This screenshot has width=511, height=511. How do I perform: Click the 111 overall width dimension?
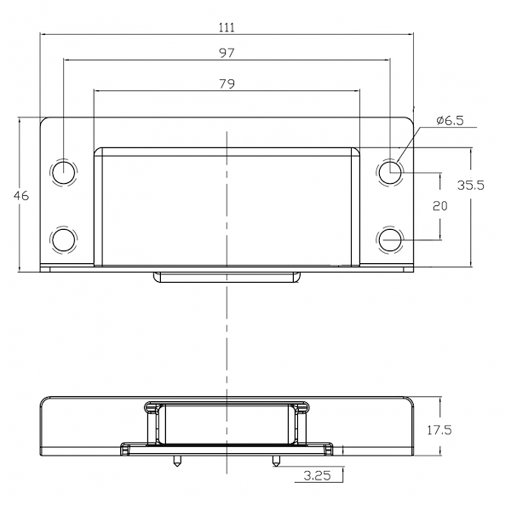click(x=227, y=27)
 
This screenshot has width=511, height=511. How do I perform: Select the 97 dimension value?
click(x=227, y=53)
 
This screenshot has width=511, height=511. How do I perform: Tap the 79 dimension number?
click(x=227, y=83)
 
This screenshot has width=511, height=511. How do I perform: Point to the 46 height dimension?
click(x=21, y=196)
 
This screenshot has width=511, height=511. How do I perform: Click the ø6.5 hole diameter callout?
click(x=450, y=121)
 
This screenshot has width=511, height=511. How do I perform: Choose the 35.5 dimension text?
click(x=471, y=185)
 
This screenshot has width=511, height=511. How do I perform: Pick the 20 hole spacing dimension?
click(x=440, y=206)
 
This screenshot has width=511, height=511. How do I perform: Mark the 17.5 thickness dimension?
click(x=439, y=430)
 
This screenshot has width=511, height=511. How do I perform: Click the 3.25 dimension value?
click(x=317, y=475)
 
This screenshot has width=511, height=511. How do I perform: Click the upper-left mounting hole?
click(x=64, y=172)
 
